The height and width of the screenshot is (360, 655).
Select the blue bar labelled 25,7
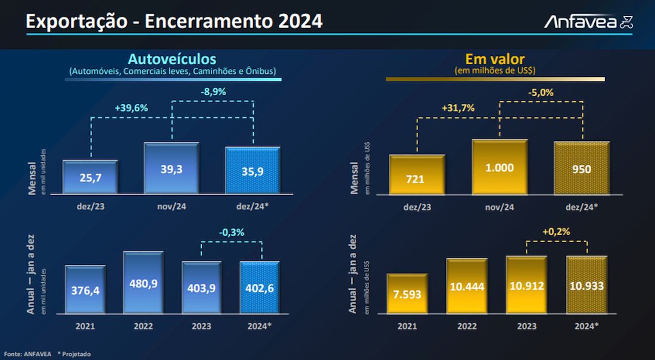coord(91,177)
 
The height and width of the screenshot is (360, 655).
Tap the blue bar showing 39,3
coord(171,168)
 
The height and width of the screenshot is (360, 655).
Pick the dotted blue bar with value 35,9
coord(252,170)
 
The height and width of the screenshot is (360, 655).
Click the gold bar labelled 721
coord(416,174)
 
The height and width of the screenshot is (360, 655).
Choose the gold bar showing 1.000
coord(499,167)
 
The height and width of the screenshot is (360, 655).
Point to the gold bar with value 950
coord(581,168)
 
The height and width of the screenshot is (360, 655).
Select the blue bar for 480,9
coord(143,283)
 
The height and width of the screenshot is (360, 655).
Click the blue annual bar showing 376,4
coord(85,290)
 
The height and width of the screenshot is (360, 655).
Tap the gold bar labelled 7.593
coord(407,293)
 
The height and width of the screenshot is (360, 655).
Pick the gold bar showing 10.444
coord(467,286)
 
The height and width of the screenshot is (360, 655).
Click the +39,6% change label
coord(131,108)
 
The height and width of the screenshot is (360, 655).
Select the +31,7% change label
coord(458,108)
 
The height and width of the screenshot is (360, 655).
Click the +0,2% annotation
coord(556,231)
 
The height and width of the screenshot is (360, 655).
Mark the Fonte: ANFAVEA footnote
coord(26,353)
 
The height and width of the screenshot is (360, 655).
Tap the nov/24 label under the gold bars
coord(499,207)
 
